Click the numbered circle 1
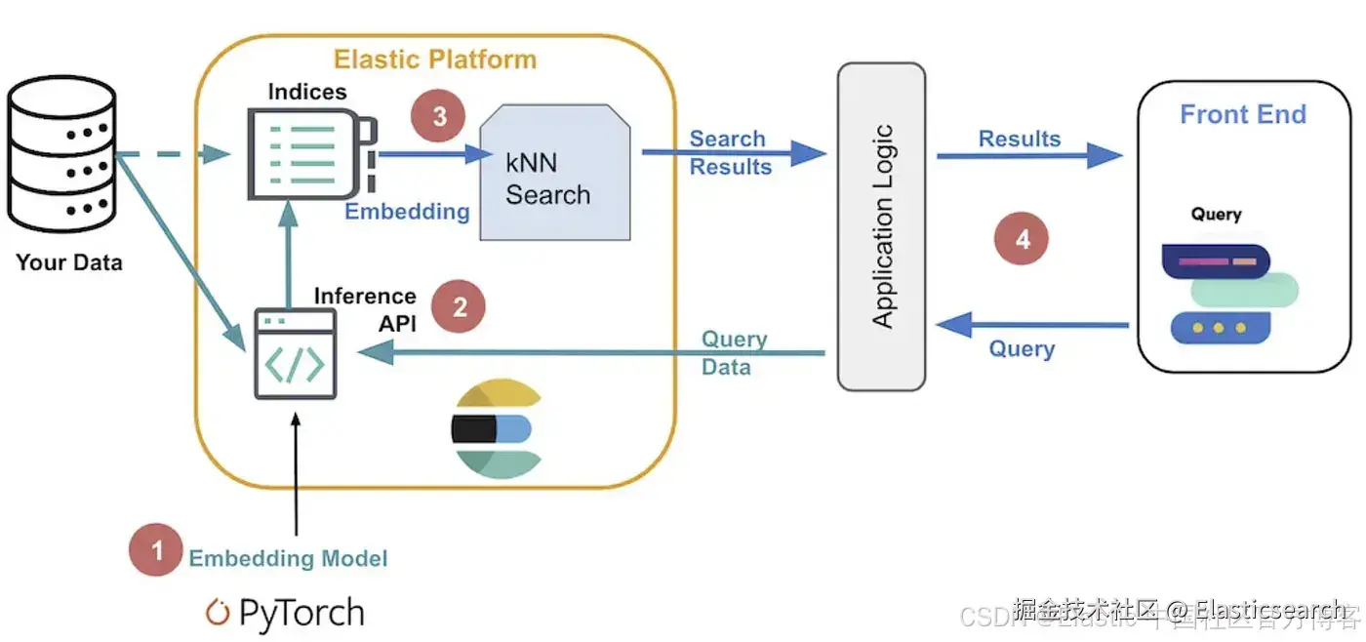156,550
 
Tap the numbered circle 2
460,307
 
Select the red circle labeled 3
439,116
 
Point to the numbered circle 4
1022,239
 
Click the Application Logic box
881,226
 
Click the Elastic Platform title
435,60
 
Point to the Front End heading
1242,114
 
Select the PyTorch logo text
286,613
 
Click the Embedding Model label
288,558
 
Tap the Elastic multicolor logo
496,428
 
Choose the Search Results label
730,153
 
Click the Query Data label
734,353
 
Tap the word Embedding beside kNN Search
407,212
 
